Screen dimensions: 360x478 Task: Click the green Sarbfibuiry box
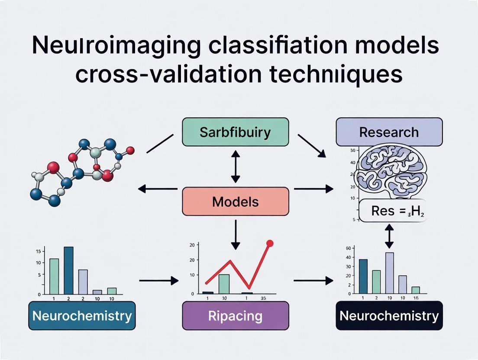click(x=235, y=132)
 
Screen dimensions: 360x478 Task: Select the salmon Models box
click(x=235, y=201)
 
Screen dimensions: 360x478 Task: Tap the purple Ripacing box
click(x=235, y=315)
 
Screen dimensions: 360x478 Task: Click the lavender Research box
click(x=389, y=132)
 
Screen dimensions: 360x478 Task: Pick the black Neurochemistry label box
click(x=389, y=315)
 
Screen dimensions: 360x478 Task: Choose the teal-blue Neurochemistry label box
click(x=82, y=315)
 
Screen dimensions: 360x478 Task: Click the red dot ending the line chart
click(x=270, y=244)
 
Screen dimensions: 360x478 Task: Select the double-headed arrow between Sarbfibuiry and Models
click(x=235, y=167)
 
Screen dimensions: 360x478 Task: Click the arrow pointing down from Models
click(x=235, y=234)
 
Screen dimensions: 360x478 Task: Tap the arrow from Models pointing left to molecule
click(x=158, y=189)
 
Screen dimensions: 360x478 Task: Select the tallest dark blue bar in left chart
click(x=68, y=270)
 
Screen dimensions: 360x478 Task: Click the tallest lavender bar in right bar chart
click(x=389, y=273)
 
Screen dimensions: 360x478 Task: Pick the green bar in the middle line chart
click(x=224, y=284)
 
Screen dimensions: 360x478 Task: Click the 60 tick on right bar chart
click(x=348, y=248)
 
